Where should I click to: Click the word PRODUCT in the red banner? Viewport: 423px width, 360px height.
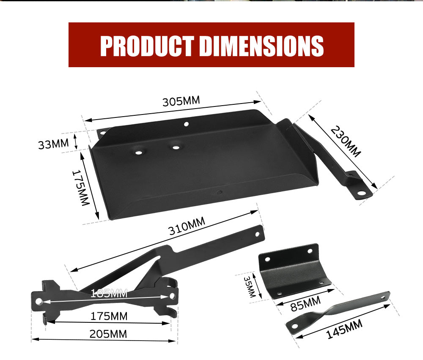(x=147, y=46)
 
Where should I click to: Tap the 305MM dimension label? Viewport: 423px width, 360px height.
(x=181, y=101)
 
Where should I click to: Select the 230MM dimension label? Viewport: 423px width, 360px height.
(x=346, y=142)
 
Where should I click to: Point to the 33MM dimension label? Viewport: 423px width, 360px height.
(x=53, y=144)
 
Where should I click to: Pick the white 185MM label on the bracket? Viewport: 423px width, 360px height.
(x=109, y=293)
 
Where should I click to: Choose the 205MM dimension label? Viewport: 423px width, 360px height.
(x=108, y=334)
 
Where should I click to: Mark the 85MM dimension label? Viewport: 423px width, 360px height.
(x=304, y=303)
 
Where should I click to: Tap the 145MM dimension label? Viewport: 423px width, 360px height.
(x=344, y=330)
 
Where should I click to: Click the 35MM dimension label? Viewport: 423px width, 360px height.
(x=250, y=287)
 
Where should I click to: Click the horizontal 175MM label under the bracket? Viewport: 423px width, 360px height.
(x=109, y=316)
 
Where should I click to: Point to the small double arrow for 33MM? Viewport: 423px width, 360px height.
(x=76, y=141)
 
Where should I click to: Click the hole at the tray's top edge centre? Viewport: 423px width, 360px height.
(x=186, y=124)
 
